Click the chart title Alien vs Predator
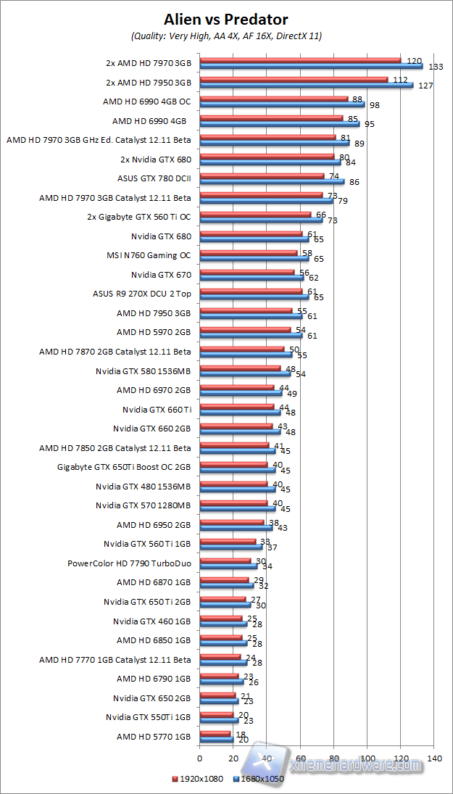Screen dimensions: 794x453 tap(226, 20)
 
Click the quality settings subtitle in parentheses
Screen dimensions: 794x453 tap(226, 36)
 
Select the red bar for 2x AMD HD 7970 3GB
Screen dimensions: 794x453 tap(300, 59)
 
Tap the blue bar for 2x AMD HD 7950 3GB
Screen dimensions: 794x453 tap(306, 85)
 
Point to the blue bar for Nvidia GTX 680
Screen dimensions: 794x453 tap(254, 238)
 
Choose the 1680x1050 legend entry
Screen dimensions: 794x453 tap(259, 779)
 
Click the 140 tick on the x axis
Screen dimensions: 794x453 tap(434, 758)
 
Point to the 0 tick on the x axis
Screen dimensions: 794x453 tap(199, 758)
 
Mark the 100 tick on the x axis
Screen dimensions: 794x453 tap(367, 758)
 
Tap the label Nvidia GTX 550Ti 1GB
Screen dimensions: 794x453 tap(148, 717)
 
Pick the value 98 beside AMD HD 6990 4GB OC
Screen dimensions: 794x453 tap(375, 105)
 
